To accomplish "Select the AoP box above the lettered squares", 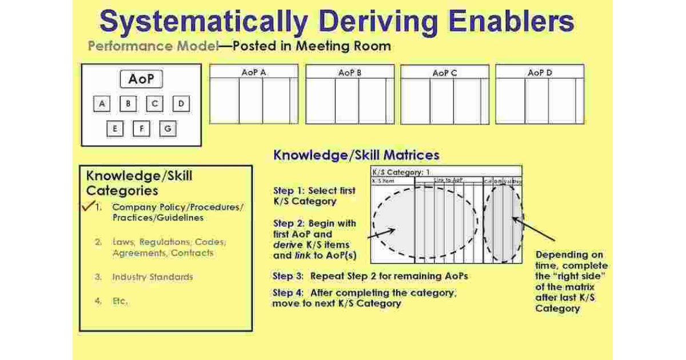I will pos(141,79).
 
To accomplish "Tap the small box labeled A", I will pos(102,104).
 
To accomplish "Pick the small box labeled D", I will pos(181,104).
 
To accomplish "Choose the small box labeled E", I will pos(115,129).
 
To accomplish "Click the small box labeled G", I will pos(167,129).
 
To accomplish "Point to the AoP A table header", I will pos(254,72).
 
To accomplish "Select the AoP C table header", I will pos(445,73).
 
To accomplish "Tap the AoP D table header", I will pos(540,73).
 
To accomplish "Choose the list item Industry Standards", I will pos(153,277).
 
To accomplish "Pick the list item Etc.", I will pos(120,301).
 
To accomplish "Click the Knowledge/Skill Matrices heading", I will pos(356,155).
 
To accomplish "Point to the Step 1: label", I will pos(290,191).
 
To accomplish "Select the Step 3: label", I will pos(290,276).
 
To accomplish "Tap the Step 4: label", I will pos(290,293).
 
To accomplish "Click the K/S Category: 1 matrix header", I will pos(400,171).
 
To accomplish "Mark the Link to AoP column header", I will pos(448,181).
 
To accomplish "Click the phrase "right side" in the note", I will pos(571,277).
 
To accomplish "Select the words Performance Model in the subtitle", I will pos(153,46).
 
